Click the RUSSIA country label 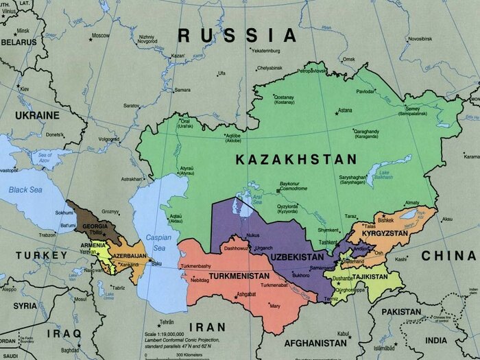tap(237, 35)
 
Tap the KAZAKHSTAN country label tap(296, 159)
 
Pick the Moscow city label tap(100, 35)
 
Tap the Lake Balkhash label tap(383, 175)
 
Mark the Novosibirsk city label tap(420, 39)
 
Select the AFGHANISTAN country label tap(315, 341)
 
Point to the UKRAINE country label tap(37, 115)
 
